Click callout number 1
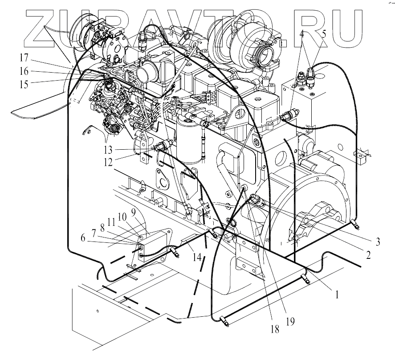point(337,294)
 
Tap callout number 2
point(368,255)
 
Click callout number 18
point(275,329)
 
